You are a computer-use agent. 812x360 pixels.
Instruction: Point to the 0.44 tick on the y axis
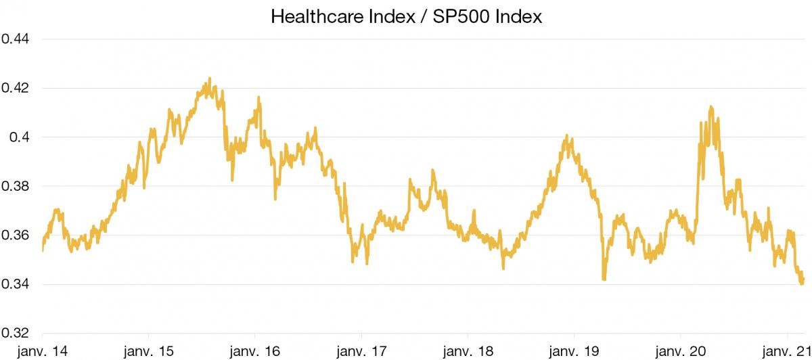click(x=14, y=39)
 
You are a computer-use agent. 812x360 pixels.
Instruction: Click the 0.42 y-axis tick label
click(x=14, y=88)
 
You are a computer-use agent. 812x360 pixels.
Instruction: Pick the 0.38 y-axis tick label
click(x=14, y=186)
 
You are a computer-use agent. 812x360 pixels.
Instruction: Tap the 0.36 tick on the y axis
click(x=14, y=235)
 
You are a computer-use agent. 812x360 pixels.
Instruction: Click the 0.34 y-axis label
click(x=14, y=284)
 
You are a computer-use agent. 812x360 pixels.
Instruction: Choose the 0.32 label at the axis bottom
click(x=14, y=334)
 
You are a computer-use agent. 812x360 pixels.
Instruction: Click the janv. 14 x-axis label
click(x=42, y=351)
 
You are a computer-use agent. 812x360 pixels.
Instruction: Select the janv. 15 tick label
click(x=148, y=351)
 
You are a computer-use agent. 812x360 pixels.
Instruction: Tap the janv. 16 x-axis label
click(x=255, y=351)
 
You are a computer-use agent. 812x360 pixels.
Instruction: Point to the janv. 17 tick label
click(x=361, y=351)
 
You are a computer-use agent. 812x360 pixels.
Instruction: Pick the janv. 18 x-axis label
click(x=468, y=351)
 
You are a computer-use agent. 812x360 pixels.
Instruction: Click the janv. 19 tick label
click(x=574, y=351)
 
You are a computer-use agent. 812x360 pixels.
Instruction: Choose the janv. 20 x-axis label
click(x=680, y=351)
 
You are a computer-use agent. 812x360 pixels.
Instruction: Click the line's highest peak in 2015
click(x=210, y=78)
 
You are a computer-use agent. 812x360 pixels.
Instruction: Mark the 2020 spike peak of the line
click(x=710, y=107)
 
